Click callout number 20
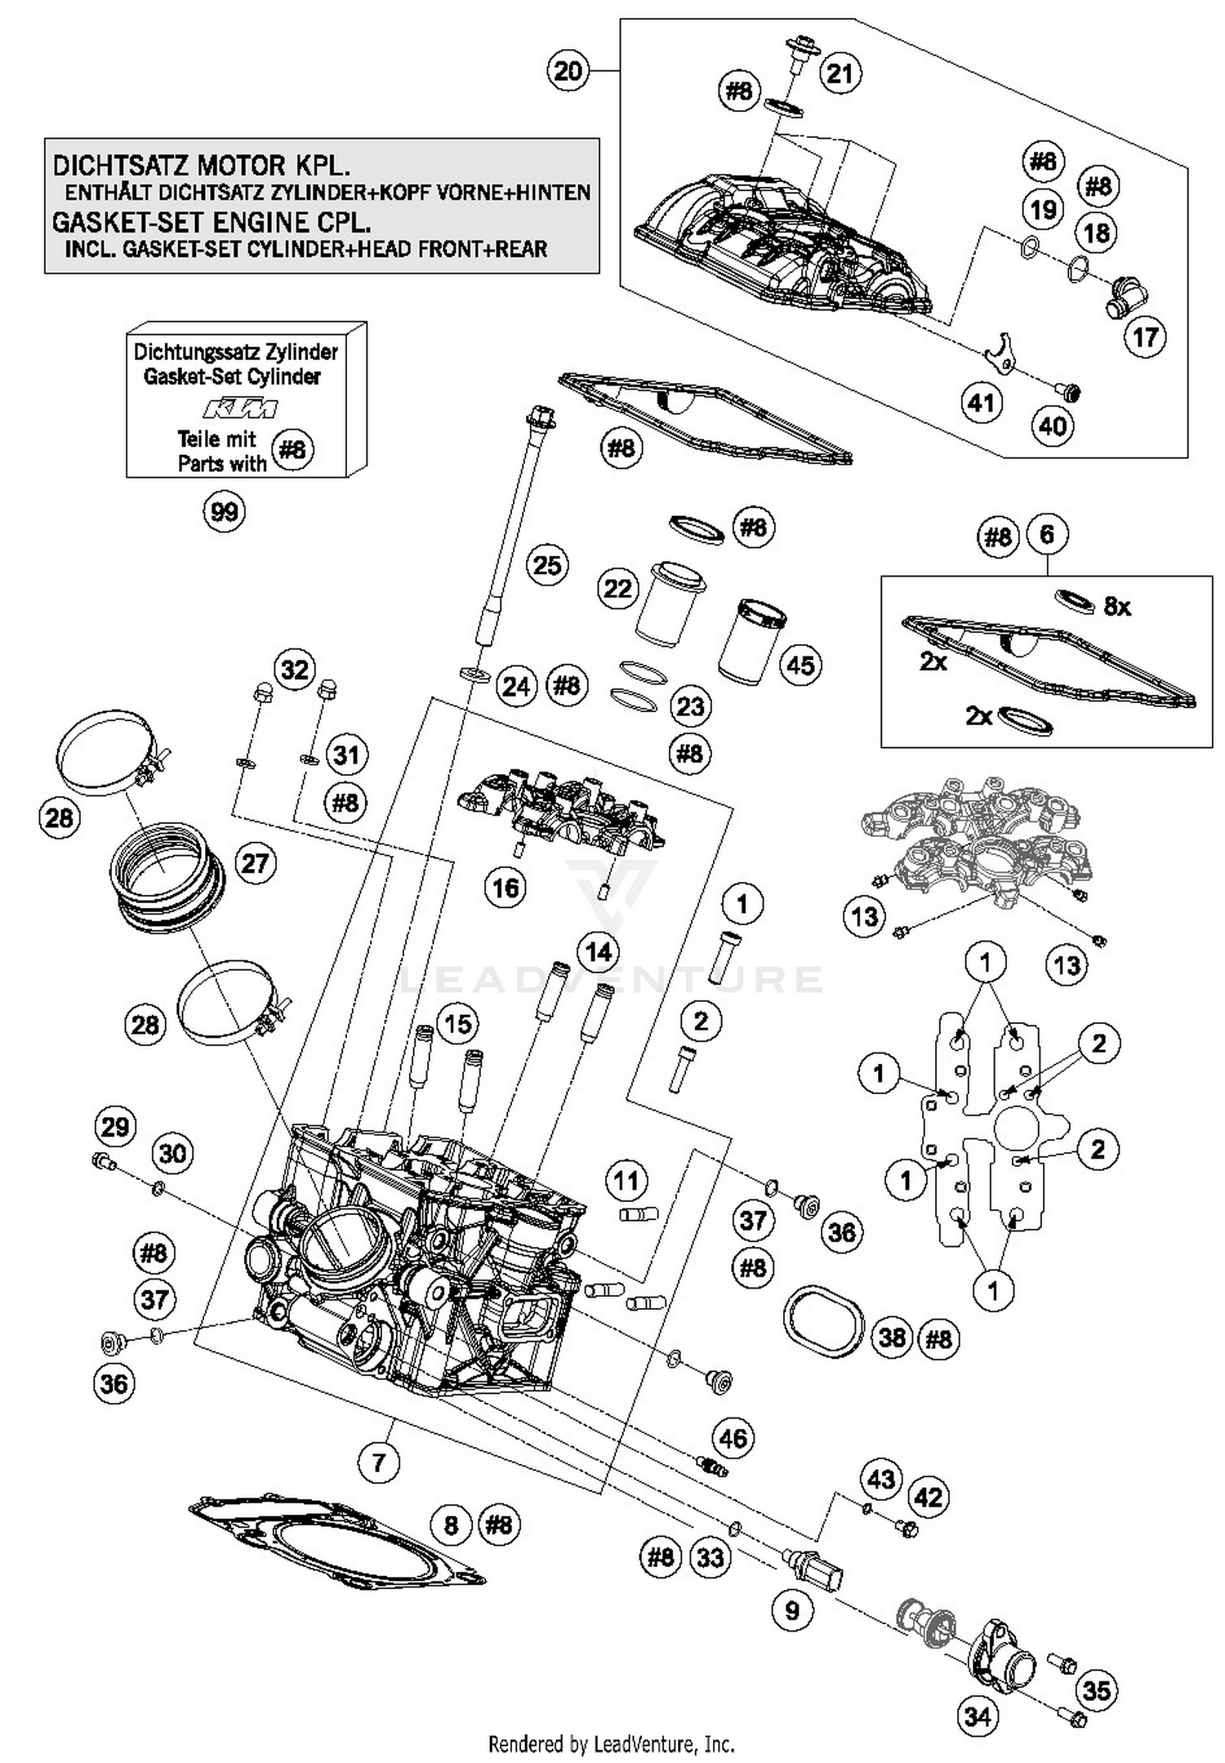568,71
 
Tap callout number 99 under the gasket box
224,512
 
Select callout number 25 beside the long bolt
546,564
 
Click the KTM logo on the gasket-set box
240,408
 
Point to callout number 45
800,665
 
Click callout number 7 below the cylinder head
379,1462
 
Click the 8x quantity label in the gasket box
1117,606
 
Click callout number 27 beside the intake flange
256,863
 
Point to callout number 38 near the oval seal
892,1337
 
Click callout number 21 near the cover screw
840,73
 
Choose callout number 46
733,1438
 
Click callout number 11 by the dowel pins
626,1181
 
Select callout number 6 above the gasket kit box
1047,535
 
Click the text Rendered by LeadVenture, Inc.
611,1744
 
